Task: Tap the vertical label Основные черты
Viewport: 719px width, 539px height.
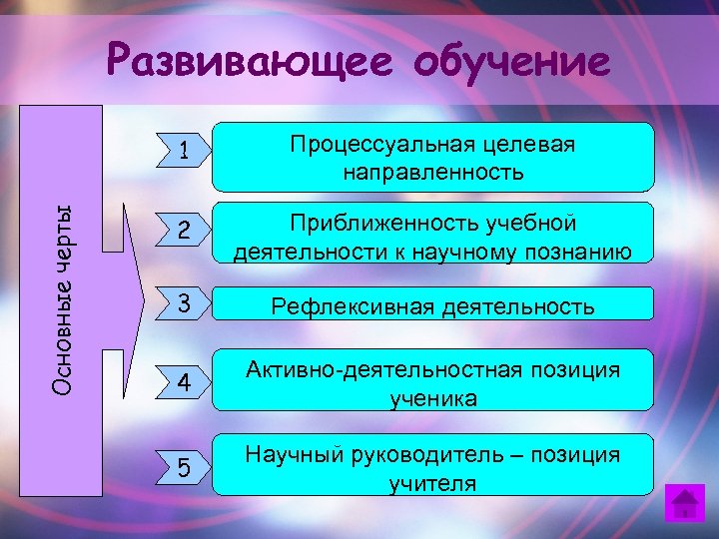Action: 62,298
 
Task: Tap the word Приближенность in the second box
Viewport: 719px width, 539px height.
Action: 356,223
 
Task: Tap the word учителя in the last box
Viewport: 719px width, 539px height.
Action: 432,484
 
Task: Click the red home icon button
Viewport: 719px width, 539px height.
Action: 685,503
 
